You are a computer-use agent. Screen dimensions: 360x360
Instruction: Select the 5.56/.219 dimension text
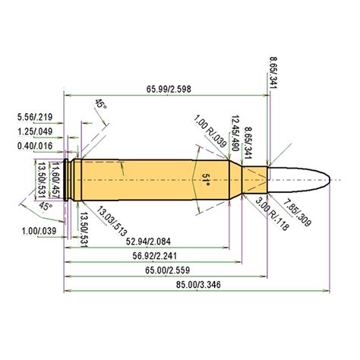pyautogui.click(x=33, y=116)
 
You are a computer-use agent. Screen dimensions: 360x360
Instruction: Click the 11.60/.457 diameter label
pyautogui.click(x=54, y=180)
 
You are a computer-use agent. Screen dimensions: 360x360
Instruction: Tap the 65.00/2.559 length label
pyautogui.click(x=165, y=270)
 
